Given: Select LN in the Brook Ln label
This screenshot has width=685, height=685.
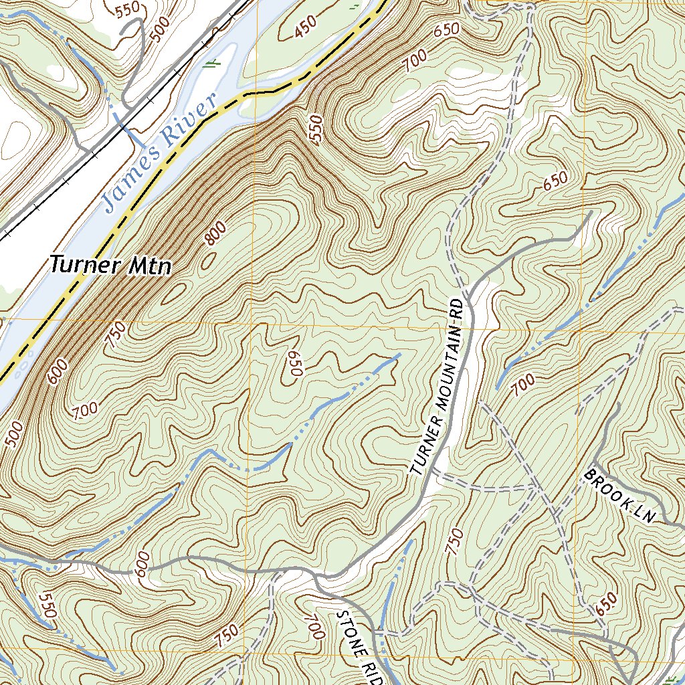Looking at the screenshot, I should pos(644,513).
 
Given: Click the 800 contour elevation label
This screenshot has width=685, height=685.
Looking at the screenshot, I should pos(215,234).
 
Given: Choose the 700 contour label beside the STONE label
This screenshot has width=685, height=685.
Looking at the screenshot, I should pos(314,628).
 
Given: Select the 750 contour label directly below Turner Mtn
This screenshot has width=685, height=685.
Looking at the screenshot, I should pos(115,332).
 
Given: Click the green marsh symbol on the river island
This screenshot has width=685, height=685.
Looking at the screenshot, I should pos(213,64).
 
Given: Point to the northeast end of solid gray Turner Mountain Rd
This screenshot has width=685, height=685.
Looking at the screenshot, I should pos(591,214).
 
